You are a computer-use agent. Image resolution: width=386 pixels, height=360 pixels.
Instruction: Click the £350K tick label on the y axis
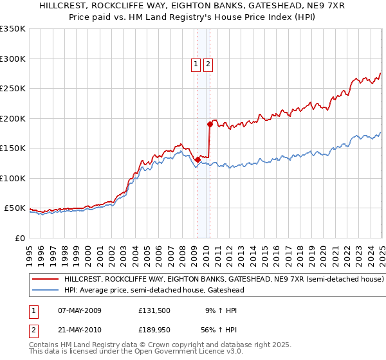pyautogui.click(x=13, y=29)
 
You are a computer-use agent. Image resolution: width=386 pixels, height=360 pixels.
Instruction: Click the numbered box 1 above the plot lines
pyautogui.click(x=195, y=64)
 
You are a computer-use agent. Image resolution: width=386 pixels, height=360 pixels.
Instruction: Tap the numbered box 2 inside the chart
pyautogui.click(x=208, y=64)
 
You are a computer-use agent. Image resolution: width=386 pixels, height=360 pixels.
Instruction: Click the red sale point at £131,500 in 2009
pyautogui.click(x=198, y=159)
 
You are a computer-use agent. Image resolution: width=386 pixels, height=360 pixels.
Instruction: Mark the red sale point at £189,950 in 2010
pyautogui.click(x=210, y=124)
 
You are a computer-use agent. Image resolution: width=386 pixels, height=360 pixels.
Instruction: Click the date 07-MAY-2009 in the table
pyautogui.click(x=80, y=310)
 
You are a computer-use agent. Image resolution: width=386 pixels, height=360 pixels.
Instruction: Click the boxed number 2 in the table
pyautogui.click(x=33, y=330)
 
